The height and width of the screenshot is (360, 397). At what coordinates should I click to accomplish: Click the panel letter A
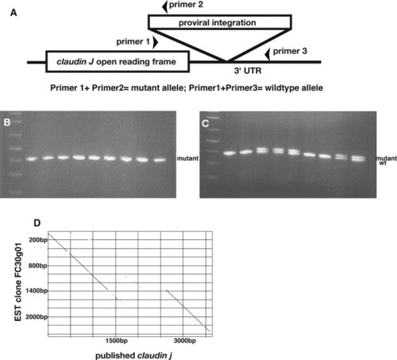(13, 13)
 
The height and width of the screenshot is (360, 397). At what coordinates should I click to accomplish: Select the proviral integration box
(220, 22)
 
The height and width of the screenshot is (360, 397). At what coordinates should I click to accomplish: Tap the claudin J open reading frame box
(118, 62)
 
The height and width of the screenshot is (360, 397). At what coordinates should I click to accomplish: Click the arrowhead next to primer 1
(156, 42)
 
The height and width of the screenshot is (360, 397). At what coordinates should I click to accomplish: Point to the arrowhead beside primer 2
(165, 6)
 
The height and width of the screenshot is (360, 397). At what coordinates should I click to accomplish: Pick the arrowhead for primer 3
(268, 54)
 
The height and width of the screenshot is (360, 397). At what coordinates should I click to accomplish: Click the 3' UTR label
(248, 71)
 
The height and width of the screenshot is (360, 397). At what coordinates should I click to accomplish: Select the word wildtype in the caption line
(279, 88)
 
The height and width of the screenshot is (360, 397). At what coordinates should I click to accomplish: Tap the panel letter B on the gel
(7, 122)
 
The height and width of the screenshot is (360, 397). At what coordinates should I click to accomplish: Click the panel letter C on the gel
(206, 123)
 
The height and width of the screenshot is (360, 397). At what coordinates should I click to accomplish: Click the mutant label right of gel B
(187, 158)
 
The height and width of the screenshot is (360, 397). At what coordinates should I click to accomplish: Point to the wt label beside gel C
(383, 163)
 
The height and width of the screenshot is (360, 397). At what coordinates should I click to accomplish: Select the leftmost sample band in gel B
(32, 159)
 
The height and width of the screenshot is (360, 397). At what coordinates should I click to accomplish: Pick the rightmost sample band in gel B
(160, 160)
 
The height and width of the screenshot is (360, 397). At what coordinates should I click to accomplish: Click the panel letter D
(37, 223)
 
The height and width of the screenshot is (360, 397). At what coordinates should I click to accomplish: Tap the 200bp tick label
(38, 240)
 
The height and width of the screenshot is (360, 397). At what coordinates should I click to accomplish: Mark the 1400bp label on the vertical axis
(37, 291)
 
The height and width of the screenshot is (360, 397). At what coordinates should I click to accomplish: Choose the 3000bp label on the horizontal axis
(185, 341)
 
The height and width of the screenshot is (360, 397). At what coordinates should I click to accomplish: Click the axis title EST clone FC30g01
(18, 282)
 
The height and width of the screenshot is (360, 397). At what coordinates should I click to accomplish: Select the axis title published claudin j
(133, 355)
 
